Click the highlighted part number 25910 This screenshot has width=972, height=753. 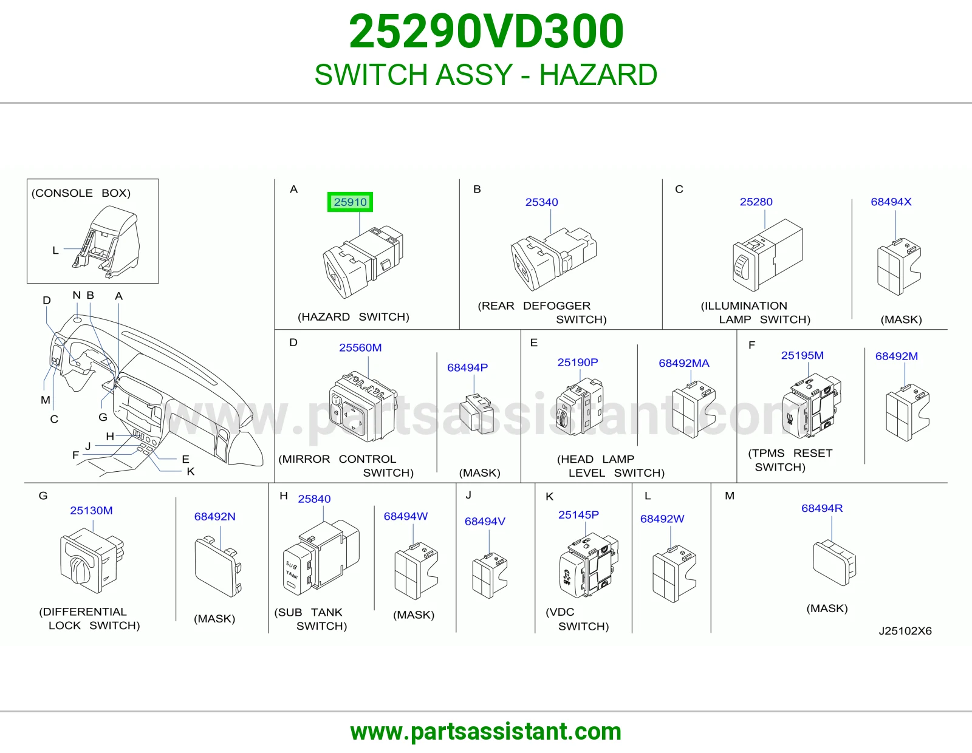tap(350, 202)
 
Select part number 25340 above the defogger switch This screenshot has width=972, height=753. tap(541, 202)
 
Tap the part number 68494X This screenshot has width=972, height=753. tap(891, 202)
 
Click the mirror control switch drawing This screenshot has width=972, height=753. tap(363, 406)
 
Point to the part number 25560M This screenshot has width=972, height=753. tap(360, 347)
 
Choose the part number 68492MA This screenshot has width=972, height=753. tap(684, 363)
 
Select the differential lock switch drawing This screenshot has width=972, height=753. tap(92, 560)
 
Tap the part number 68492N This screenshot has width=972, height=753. tap(214, 516)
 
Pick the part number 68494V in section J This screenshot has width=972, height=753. tap(485, 522)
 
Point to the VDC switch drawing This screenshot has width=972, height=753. tap(589, 565)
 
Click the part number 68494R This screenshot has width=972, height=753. tap(822, 508)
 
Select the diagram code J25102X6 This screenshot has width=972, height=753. tap(905, 631)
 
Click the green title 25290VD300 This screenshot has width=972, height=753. tap(486, 32)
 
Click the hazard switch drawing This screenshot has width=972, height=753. tap(363, 262)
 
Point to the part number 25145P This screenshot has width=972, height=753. tap(578, 515)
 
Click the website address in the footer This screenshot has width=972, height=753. tap(486, 732)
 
